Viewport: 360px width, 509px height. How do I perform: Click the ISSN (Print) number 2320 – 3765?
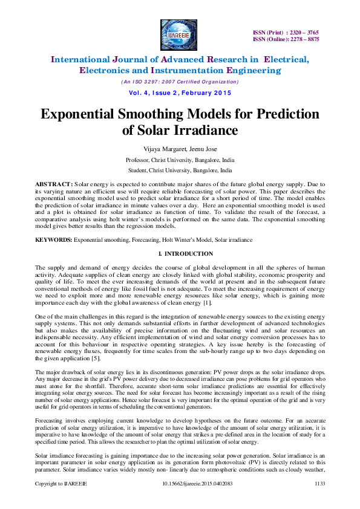coord(296,32)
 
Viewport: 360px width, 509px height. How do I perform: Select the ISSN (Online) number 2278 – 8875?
coord(296,39)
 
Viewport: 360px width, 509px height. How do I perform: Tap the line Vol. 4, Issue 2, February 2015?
coord(180,92)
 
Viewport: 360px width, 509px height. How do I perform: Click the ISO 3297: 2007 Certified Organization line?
coord(180,82)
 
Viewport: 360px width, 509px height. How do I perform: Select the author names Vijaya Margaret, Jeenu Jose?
coord(180,149)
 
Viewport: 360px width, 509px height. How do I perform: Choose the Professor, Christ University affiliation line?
coord(180,160)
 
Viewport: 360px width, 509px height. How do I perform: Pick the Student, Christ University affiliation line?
coord(180,171)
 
